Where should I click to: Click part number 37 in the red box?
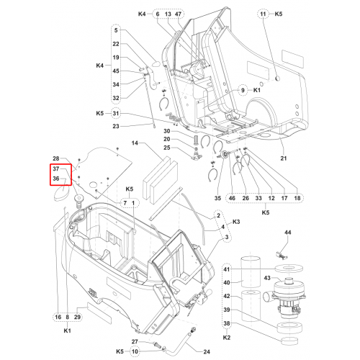[56, 168]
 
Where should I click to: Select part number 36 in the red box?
[56, 179]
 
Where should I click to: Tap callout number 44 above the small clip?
[288, 233]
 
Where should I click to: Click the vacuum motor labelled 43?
[287, 297]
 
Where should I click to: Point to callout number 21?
[284, 158]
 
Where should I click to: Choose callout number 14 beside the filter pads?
[135, 143]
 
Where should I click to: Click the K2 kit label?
[227, 338]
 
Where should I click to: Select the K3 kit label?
[236, 222]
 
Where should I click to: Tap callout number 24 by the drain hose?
[207, 352]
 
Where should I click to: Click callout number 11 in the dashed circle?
[263, 14]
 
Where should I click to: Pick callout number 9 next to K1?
[243, 90]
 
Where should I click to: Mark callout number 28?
[56, 158]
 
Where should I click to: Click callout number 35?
[217, 198]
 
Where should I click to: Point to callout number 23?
[116, 126]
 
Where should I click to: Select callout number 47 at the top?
[178, 14]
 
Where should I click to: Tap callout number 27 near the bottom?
[135, 341]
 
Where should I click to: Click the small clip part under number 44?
[281, 255]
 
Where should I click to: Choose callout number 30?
[167, 131]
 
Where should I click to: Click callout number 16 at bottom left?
[58, 317]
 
